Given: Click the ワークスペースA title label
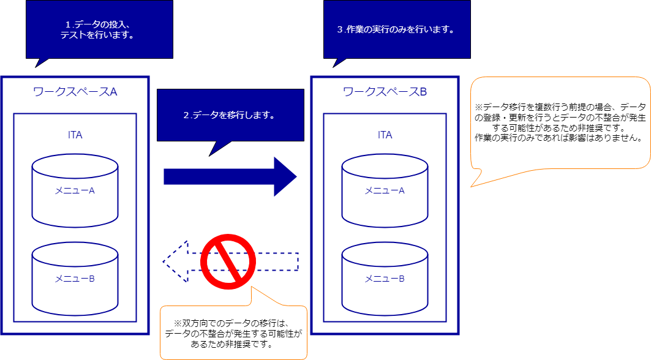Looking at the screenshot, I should point(75,92).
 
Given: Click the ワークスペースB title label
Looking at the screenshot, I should point(385,92).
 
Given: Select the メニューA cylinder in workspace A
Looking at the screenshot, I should point(75,190).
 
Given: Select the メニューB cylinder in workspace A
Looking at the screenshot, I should point(75,279).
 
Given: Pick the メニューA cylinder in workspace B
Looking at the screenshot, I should point(385,190).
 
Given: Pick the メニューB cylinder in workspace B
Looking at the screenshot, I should point(385,279).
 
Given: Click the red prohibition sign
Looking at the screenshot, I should point(227,261).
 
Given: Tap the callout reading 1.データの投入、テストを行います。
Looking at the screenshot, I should point(99,29).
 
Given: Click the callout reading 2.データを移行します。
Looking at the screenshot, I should point(230,114).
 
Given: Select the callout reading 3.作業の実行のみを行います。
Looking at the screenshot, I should point(396,29).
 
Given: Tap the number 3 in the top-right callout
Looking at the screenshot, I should point(340,29).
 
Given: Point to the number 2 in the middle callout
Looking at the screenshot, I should point(186,115).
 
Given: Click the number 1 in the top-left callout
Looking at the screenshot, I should point(68,24).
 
